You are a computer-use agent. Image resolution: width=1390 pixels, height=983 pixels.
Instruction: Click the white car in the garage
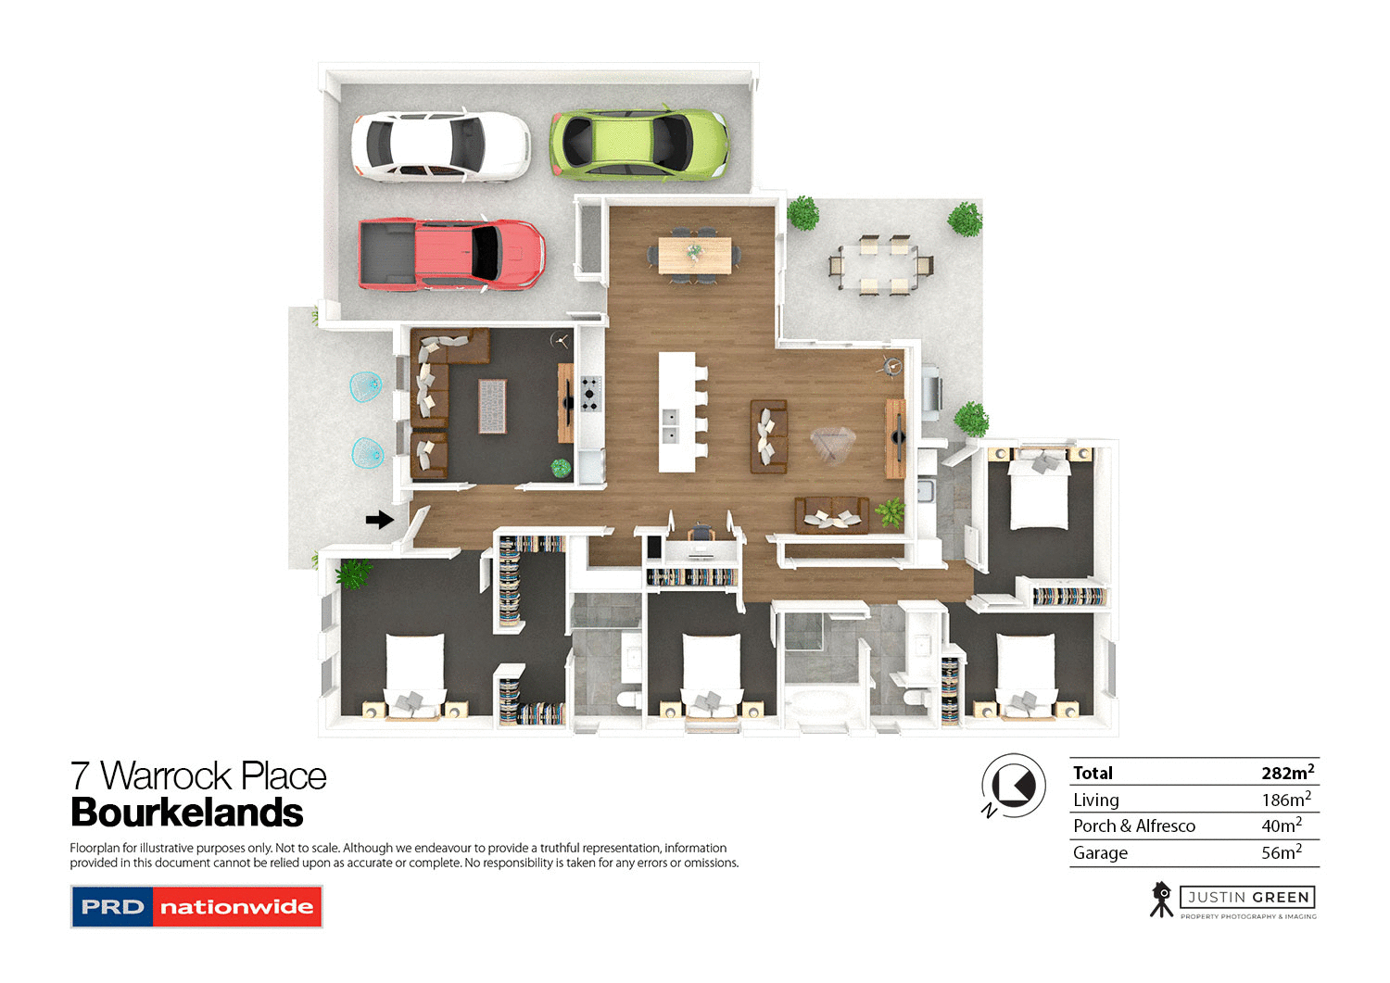pos(440,145)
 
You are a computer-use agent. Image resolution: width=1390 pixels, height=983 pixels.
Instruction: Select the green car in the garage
pos(638,144)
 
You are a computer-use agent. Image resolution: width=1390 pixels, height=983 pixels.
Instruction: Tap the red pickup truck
pos(451,254)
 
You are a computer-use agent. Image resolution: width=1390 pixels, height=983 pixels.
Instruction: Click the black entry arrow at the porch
pos(379,520)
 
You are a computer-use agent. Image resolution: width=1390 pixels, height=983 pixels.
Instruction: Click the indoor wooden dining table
pos(695,254)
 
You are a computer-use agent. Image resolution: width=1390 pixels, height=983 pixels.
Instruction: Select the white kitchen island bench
pos(676,411)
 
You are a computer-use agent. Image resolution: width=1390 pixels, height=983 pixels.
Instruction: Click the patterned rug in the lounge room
pos(492,407)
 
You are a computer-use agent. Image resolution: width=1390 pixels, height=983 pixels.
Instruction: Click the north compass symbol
pos(1013,786)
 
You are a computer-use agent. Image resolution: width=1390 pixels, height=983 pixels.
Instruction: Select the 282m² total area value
pos(1287,772)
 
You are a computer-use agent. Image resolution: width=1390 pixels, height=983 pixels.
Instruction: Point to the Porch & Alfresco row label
pos(1133,825)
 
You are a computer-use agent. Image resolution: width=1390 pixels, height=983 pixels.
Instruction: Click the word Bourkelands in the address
pos(187,813)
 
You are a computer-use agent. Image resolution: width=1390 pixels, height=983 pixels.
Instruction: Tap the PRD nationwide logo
pos(196,906)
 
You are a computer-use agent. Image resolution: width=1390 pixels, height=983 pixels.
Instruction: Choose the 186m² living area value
pos(1285,799)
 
